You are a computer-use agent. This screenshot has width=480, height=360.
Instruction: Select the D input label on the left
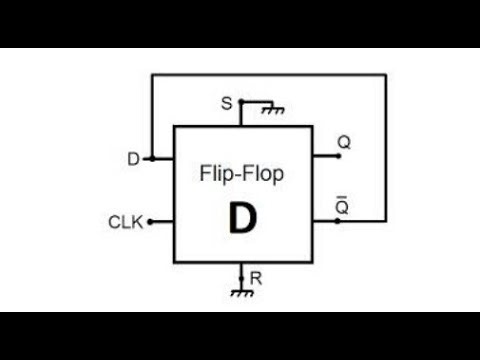point(133,158)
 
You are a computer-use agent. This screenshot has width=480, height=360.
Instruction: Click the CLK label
point(124,222)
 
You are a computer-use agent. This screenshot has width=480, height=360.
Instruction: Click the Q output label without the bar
point(344,143)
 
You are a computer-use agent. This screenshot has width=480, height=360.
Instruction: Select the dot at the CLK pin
point(150,222)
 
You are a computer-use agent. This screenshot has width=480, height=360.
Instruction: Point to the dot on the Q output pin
point(336,158)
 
